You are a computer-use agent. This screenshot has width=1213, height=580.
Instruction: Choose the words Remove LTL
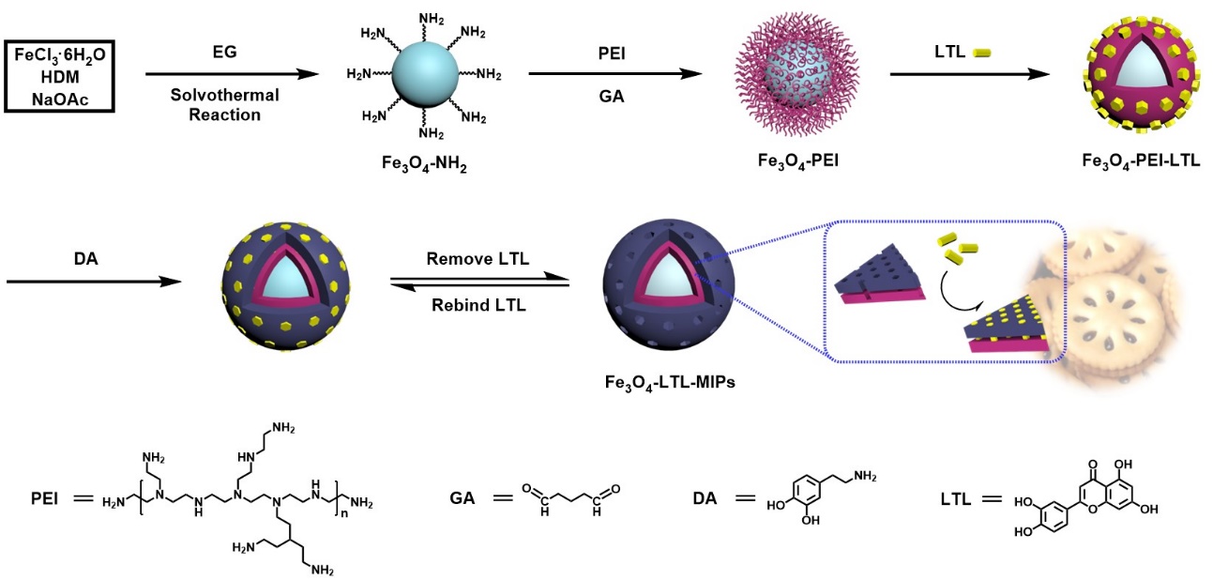[477, 258]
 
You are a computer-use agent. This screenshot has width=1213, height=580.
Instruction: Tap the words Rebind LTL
[477, 304]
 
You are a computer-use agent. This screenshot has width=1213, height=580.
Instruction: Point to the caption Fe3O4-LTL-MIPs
[670, 382]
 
